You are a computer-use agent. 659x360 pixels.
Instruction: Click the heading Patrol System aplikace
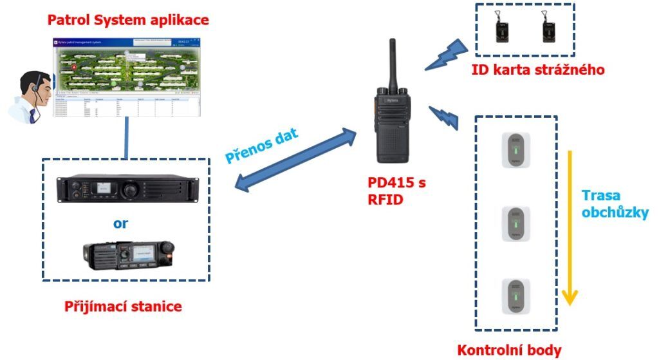(129, 20)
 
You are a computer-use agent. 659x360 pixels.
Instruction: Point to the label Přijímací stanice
(123, 307)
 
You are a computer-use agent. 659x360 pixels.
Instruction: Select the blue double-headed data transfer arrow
(295, 160)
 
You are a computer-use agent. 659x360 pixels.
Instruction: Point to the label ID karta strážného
(539, 70)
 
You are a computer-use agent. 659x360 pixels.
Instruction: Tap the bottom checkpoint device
(516, 294)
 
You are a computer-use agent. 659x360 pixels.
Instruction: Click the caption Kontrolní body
(509, 350)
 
